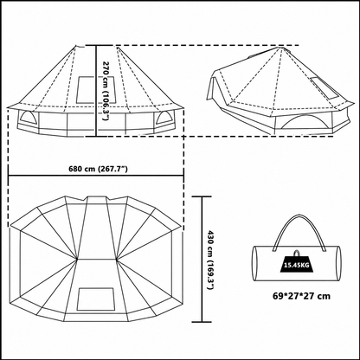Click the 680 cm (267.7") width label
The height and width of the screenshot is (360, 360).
98,169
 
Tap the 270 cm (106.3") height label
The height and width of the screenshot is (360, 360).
106,91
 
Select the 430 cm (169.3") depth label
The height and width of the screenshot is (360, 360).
211,260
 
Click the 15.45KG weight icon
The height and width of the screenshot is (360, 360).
296,262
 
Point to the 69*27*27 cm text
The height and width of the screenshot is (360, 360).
302,296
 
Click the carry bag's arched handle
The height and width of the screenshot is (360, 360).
299,231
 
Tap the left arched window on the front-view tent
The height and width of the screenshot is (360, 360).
28,119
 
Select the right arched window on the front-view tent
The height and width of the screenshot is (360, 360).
164,119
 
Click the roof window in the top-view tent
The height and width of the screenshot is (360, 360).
95,299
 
